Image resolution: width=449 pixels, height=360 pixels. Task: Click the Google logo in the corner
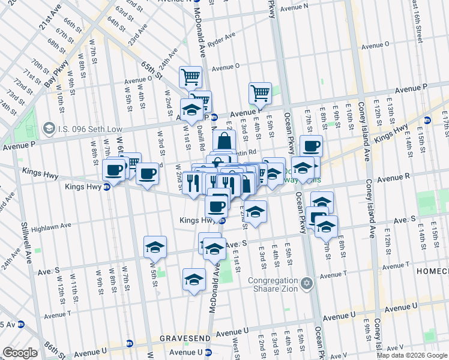(x=20, y=353)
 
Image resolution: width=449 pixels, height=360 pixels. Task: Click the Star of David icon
(x=307, y=282)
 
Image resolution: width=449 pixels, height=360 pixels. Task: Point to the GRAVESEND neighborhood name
(x=185, y=338)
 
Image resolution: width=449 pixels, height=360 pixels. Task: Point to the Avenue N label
(x=294, y=7)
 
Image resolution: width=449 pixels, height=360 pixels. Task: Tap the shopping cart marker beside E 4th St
(x=260, y=93)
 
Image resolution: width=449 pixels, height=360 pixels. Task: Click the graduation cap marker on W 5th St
(x=155, y=247)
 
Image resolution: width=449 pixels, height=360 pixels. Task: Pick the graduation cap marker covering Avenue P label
(x=191, y=110)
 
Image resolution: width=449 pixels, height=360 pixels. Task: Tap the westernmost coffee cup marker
(x=114, y=170)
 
